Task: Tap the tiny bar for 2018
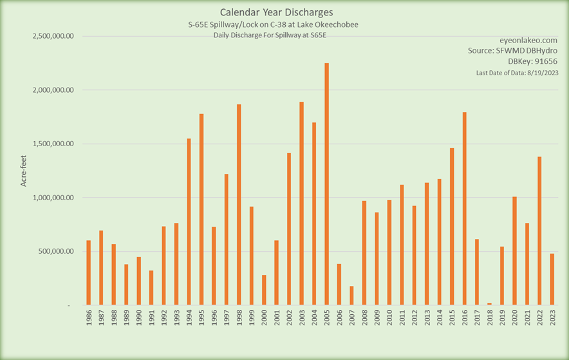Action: pyautogui.click(x=489, y=303)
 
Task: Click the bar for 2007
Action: pyautogui.click(x=351, y=296)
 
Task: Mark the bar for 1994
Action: pyautogui.click(x=189, y=222)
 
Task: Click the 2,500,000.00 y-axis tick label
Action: pyautogui.click(x=53, y=36)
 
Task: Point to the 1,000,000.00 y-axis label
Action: pyautogui.click(x=53, y=198)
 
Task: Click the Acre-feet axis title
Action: pyautogui.click(x=24, y=171)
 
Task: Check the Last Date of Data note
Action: pyautogui.click(x=516, y=73)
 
